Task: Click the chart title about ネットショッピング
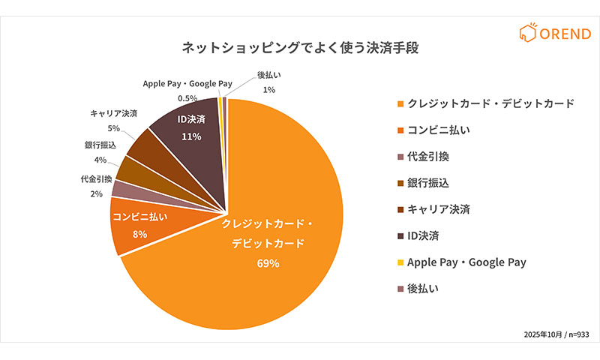300,48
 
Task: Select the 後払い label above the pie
269,75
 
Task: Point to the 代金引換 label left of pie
96,179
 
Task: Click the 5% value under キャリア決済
113,128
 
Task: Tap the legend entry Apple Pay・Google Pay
466,262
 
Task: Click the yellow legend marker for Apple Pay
400,262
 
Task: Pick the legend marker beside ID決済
400,235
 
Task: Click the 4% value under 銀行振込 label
100,159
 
